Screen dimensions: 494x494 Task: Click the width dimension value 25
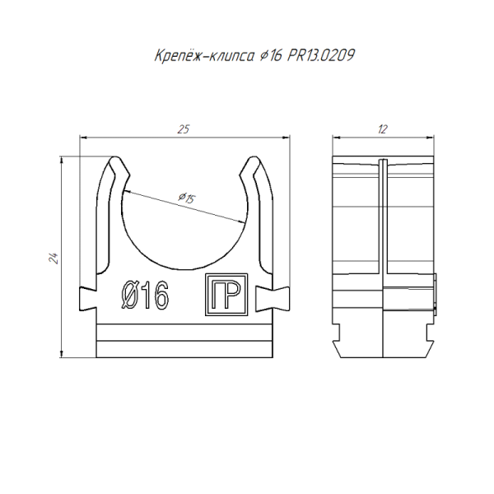point(184,129)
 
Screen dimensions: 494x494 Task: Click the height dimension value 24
point(54,259)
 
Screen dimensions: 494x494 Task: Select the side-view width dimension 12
point(383,129)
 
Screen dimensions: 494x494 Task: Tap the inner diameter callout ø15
point(187,198)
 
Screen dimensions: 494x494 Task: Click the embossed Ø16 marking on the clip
point(145,296)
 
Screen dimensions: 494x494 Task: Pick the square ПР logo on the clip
point(226,294)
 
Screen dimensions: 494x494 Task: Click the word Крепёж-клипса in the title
point(204,56)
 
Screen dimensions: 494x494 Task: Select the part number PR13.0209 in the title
point(321,56)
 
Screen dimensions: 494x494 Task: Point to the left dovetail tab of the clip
point(87,298)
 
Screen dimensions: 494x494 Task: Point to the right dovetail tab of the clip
point(273,298)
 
